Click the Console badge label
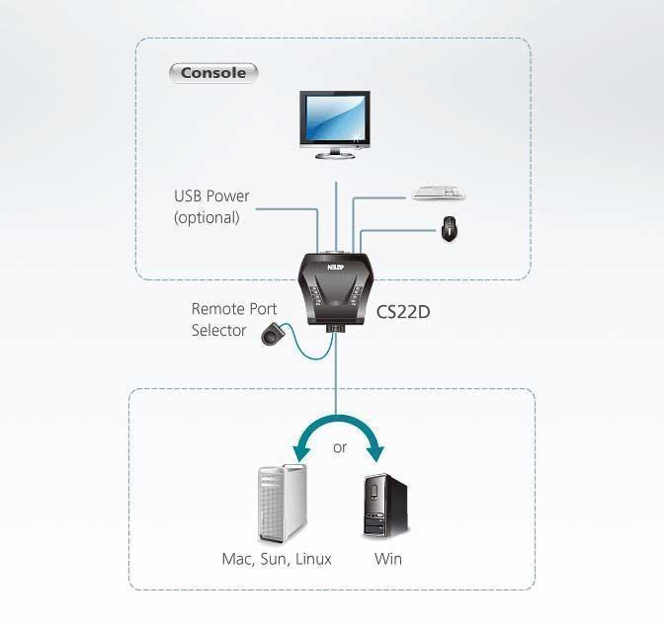[213, 73]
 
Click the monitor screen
[335, 118]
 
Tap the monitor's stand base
[335, 155]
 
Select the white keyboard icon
[438, 194]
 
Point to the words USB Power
[211, 196]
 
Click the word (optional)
[207, 217]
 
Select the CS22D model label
[403, 312]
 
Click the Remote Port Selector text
[232, 320]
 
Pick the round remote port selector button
[269, 337]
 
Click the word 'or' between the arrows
[340, 447]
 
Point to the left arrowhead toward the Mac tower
[297, 453]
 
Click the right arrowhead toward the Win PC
[377, 453]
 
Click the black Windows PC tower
[384, 505]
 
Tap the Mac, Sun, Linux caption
[277, 559]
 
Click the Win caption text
[388, 559]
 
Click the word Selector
[218, 331]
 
